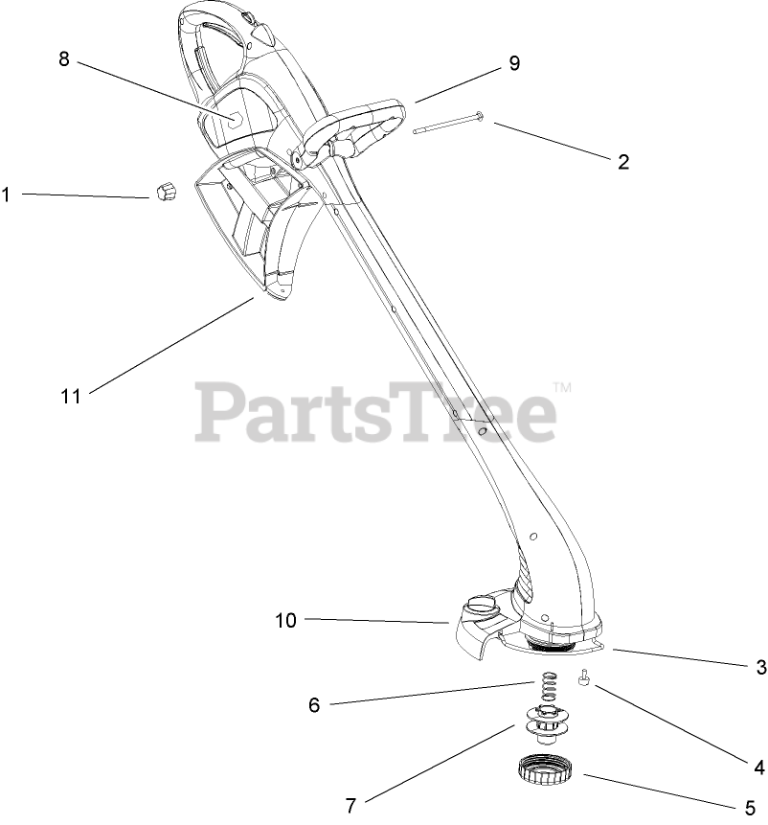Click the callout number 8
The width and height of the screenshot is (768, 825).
click(64, 58)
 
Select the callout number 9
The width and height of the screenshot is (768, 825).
click(514, 63)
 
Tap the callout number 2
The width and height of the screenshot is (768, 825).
click(623, 162)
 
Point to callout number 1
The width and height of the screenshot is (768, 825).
click(6, 195)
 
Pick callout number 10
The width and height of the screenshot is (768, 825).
click(286, 620)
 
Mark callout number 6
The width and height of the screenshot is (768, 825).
click(313, 705)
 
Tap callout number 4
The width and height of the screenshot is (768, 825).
click(759, 766)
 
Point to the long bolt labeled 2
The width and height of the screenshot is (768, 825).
click(448, 125)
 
